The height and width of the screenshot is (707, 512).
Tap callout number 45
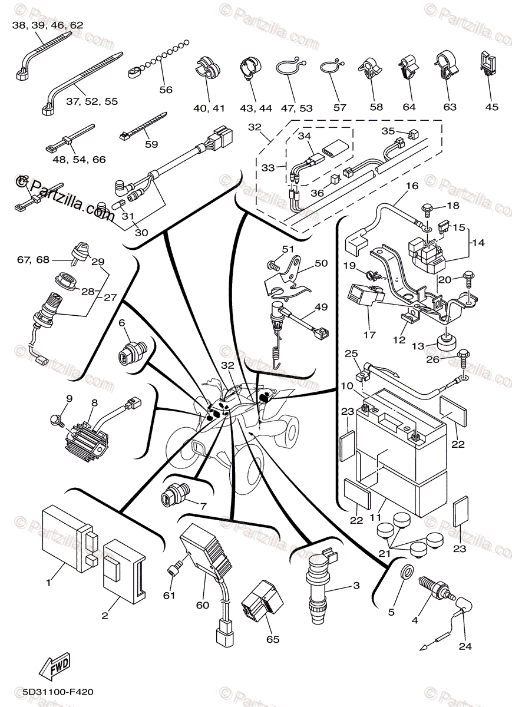491,107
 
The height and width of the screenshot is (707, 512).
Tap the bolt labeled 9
57,419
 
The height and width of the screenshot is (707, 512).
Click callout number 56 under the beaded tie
166,90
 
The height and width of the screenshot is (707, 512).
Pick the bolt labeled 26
463,356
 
